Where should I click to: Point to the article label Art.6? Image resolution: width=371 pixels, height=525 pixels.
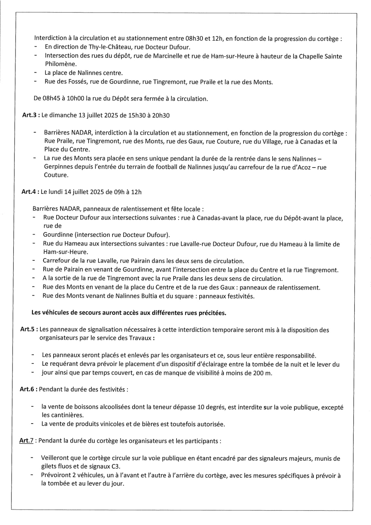[x=27, y=389]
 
